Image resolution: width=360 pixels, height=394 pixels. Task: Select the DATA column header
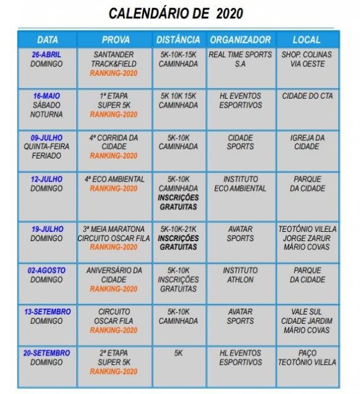coord(47,40)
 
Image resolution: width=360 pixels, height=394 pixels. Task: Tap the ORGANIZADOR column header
coord(240,40)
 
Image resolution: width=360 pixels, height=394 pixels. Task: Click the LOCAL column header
coord(307,40)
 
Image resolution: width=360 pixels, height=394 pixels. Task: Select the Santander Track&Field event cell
coord(114,63)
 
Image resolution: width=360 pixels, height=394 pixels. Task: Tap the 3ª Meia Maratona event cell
coord(114,238)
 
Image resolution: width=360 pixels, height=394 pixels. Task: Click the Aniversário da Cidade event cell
coord(114,280)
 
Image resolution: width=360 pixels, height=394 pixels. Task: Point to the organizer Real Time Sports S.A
coord(240,59)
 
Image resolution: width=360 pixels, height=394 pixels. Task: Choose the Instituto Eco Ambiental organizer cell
coord(240,184)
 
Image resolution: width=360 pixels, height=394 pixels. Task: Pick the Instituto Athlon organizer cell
coord(240,275)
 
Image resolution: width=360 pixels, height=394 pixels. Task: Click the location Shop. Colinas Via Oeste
coord(307,59)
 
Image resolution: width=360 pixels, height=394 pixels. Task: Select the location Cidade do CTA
coord(307,96)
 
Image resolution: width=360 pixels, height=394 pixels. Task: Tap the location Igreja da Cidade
coord(307,142)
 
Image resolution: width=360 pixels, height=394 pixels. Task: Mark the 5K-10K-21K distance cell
coord(179,238)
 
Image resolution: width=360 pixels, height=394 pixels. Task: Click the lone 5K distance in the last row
coord(179,353)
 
